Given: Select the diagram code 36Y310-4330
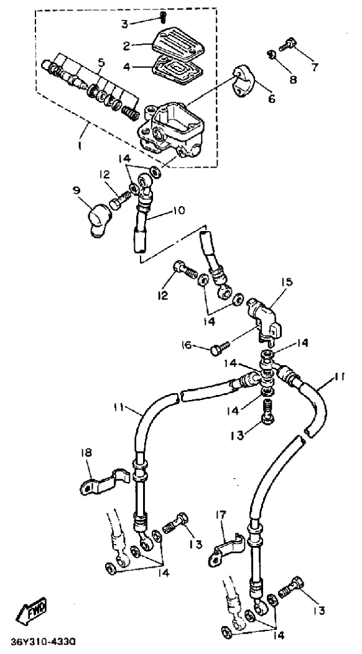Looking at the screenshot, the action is (x=43, y=640).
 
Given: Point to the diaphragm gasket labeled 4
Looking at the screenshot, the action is (x=177, y=71).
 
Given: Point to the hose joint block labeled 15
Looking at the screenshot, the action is (x=263, y=319).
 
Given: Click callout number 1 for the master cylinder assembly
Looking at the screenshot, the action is (x=81, y=146).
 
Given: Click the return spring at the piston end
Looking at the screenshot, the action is (x=130, y=111).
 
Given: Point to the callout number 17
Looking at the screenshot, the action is (x=220, y=515).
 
